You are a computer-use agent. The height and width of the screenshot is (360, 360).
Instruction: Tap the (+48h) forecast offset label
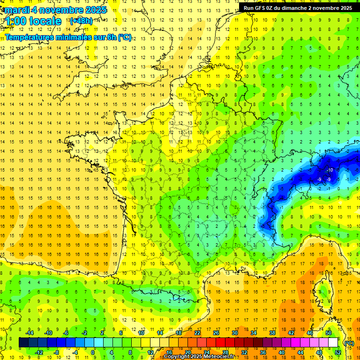(x=81, y=21)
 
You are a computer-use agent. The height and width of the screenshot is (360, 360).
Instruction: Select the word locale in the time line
(x=45, y=21)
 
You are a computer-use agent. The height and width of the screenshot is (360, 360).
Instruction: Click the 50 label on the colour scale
(x=329, y=333)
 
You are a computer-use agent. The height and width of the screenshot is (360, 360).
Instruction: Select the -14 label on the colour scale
(x=29, y=333)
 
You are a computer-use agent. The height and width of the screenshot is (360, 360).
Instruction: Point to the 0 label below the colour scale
(x=93, y=352)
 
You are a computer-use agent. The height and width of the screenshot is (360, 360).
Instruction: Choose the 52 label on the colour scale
(x=338, y=352)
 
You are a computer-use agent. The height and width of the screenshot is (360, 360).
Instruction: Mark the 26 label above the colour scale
(x=216, y=333)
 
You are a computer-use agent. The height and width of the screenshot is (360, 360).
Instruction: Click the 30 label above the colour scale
(x=235, y=333)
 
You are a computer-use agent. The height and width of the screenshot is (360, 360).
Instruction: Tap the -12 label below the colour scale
(x=38, y=352)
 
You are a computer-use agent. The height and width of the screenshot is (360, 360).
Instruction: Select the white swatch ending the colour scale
(x=333, y=343)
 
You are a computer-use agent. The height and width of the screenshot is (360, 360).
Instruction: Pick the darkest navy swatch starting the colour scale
(x=23, y=343)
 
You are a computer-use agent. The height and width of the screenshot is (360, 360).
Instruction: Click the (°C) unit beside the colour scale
(x=349, y=343)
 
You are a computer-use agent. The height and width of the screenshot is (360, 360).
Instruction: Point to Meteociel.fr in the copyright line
(x=217, y=357)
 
